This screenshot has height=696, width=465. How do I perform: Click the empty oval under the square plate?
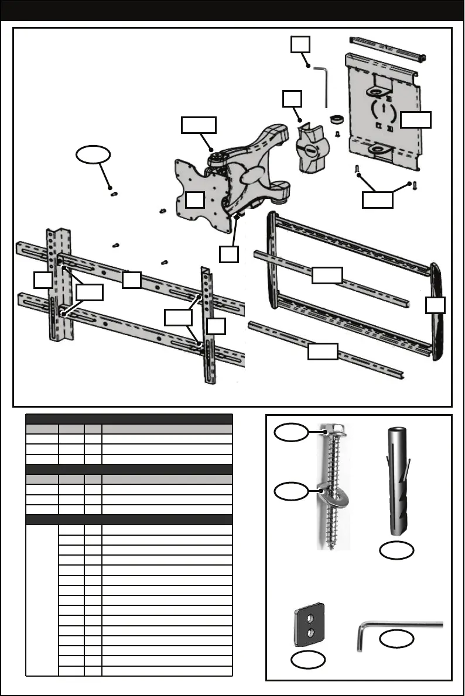coord(307,660)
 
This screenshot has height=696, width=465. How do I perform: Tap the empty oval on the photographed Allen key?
coord(397,639)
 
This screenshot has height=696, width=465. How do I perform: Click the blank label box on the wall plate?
coord(416,120)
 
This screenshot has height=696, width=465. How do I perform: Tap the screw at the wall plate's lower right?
coord(414,186)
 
